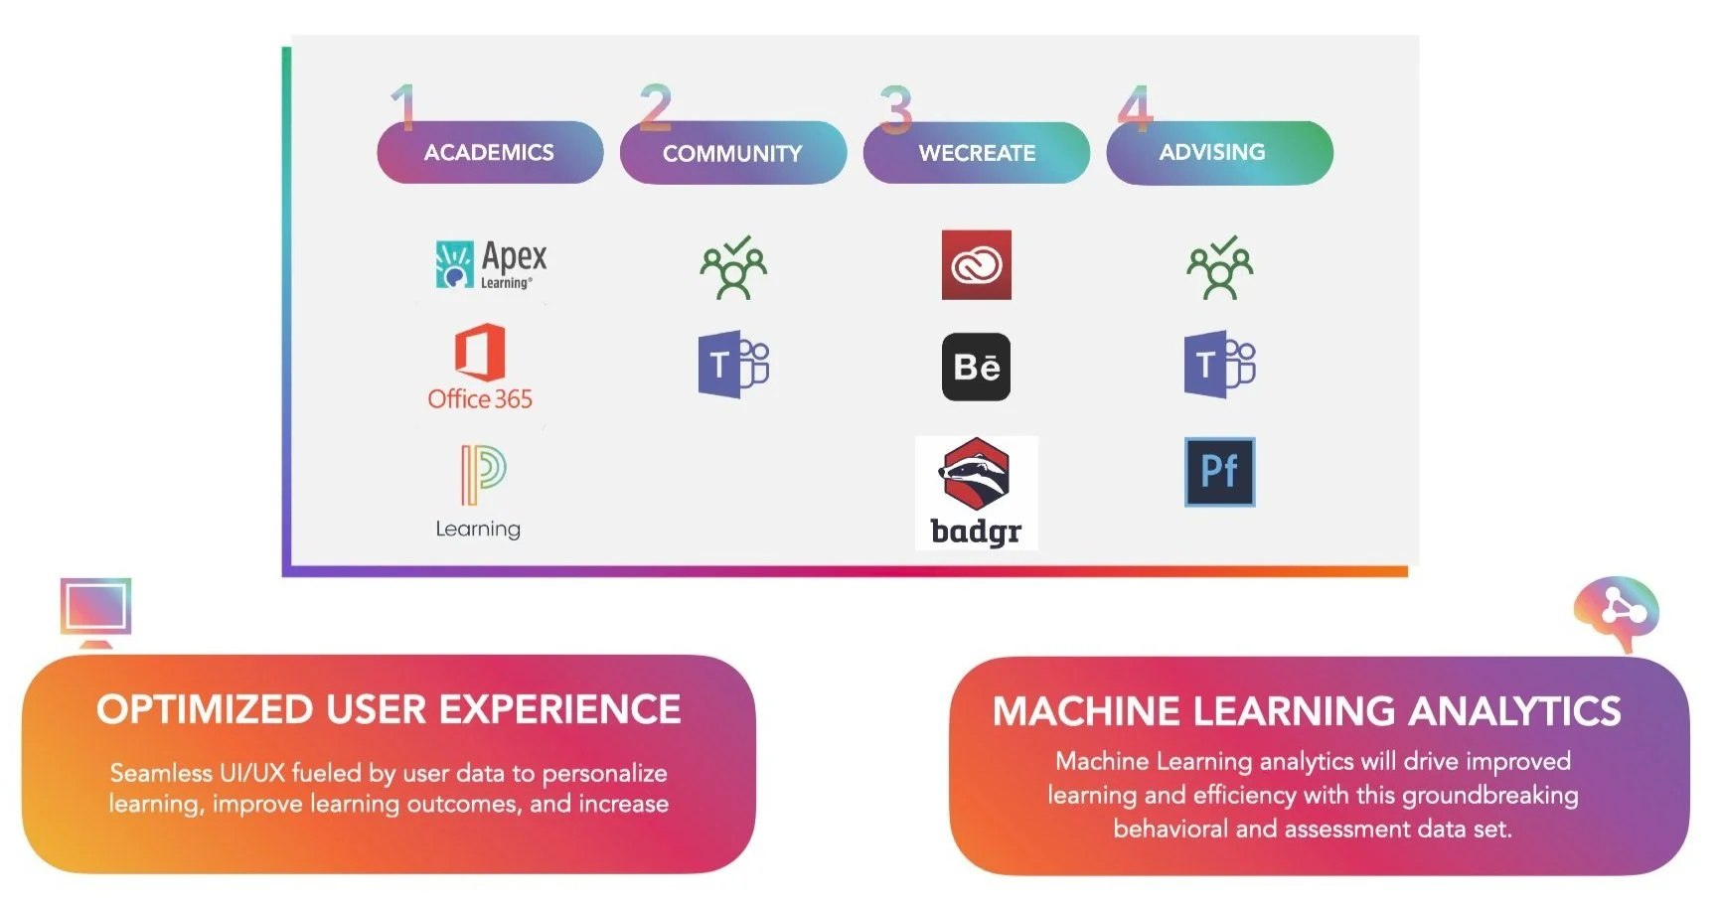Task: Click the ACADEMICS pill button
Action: [x=490, y=153]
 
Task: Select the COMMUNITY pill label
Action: [x=732, y=154]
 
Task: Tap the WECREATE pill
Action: [x=977, y=153]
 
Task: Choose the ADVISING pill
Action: [x=1219, y=153]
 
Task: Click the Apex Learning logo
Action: [x=491, y=264]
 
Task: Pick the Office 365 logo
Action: [x=480, y=367]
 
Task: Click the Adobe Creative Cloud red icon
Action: [x=977, y=265]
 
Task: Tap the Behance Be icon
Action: [x=976, y=367]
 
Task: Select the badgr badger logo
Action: [x=976, y=493]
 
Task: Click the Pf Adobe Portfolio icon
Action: [x=1219, y=472]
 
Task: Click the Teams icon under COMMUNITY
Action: [x=733, y=365]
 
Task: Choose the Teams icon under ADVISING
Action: [x=1219, y=365]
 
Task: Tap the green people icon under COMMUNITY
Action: [x=733, y=267]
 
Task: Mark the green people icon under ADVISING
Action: [x=1220, y=267]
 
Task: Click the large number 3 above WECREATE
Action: [x=895, y=108]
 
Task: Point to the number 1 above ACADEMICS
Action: [x=402, y=107]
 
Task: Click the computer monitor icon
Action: [x=95, y=609]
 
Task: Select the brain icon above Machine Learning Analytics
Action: [x=1617, y=610]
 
